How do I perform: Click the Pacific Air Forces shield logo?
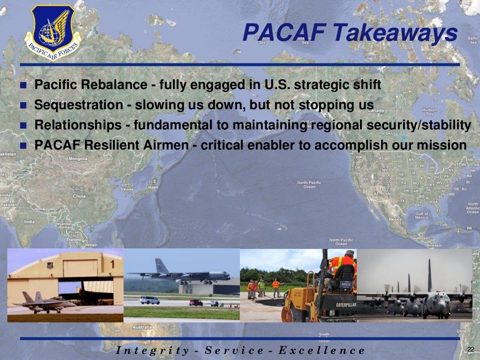click(53, 32)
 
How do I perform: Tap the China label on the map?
click(79, 196)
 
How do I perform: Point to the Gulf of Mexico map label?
click(421, 216)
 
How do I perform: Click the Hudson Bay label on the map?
click(429, 112)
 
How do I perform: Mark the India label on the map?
click(29, 222)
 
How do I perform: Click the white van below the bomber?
click(150, 300)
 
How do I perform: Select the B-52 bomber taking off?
click(180, 275)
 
